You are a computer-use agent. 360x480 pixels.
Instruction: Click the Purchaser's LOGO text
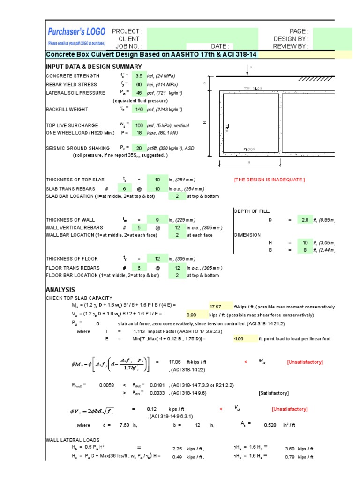point(76,32)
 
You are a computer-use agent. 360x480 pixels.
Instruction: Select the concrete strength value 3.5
point(139,76)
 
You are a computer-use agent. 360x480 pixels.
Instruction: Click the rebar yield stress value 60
point(139,85)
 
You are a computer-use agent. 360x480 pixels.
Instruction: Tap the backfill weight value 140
point(139,109)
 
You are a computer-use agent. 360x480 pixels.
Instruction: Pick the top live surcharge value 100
point(139,126)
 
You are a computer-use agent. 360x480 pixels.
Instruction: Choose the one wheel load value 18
point(139,133)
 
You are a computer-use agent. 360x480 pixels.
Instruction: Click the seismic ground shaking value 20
point(139,147)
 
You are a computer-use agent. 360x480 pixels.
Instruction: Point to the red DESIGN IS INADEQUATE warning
point(269,180)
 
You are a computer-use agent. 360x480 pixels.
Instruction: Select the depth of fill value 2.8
point(305,220)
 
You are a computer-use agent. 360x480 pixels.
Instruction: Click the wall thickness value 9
point(157,220)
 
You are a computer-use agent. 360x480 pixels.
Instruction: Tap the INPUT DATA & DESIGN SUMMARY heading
point(93,67)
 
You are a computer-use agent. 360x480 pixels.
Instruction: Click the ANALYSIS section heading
point(60,290)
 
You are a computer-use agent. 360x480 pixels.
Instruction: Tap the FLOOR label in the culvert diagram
point(249,150)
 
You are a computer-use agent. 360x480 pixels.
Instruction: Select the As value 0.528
point(270,425)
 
